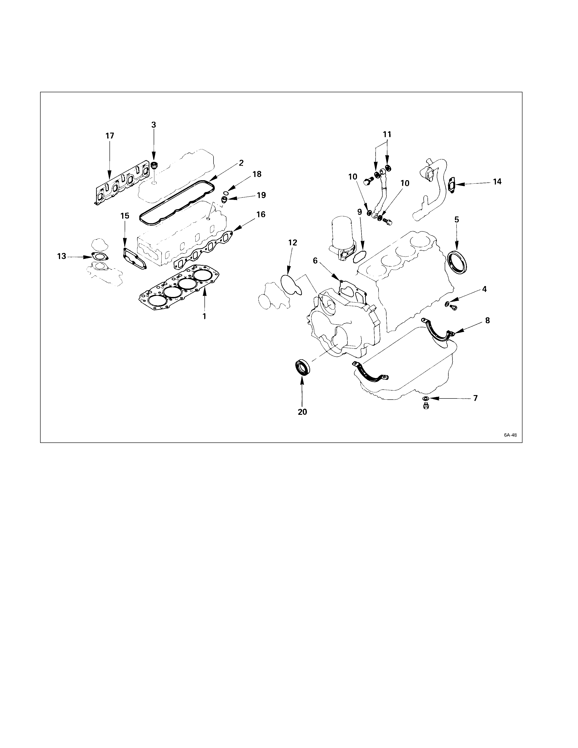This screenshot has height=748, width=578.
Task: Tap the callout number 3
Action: pos(154,125)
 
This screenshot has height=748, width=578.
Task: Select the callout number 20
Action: pos(302,412)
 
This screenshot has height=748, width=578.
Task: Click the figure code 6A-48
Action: pos(510,435)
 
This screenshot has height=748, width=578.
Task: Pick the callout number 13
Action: pos(62,256)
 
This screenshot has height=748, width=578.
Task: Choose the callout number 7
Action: pos(475,398)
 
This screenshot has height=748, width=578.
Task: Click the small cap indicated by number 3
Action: pos(154,166)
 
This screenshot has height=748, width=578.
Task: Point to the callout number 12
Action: pos(293,243)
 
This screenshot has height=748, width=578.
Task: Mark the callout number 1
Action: pos(204,316)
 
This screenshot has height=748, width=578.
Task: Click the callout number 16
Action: pos(261,214)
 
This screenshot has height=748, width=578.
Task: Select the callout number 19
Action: pos(261,195)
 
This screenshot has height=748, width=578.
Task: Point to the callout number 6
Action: pos(315,261)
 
